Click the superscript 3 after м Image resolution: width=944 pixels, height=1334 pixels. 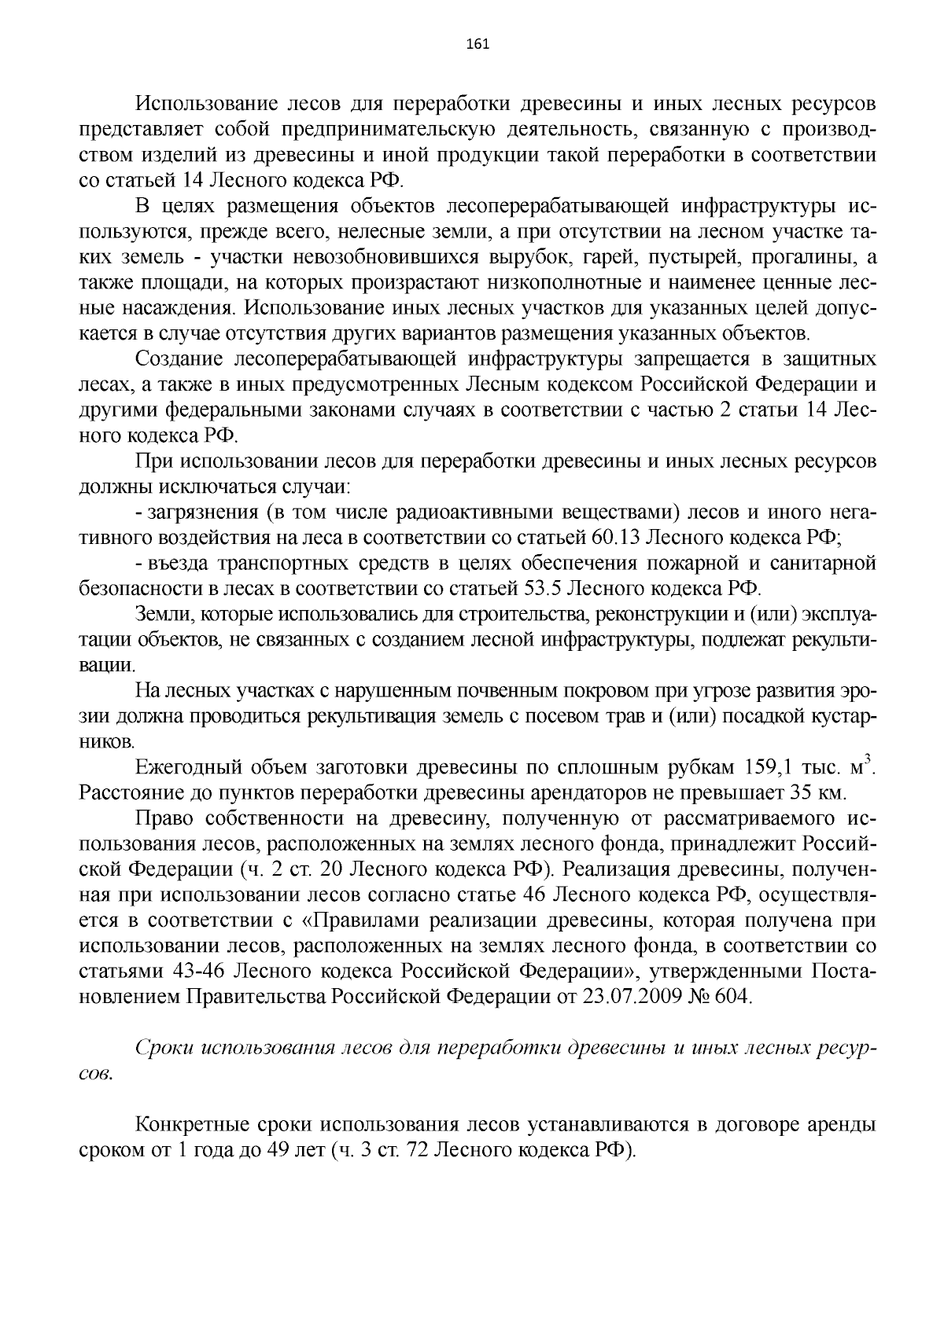pos(868,759)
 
